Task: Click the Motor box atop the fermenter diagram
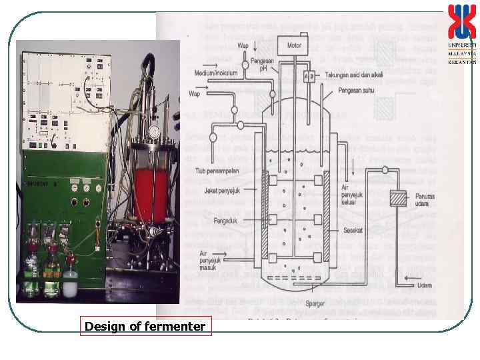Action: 294,46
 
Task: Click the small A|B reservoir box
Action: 309,75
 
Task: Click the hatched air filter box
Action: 397,199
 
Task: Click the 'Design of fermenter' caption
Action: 145,327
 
